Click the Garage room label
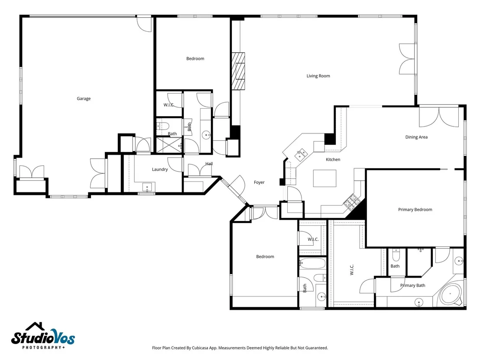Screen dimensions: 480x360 click(x=84, y=99)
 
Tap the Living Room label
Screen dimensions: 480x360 click(x=318, y=76)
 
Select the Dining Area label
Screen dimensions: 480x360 click(x=416, y=137)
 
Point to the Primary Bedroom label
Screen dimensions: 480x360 click(x=415, y=210)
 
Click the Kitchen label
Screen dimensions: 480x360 click(x=333, y=159)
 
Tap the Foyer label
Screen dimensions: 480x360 click(x=259, y=182)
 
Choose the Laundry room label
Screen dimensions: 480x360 click(x=160, y=169)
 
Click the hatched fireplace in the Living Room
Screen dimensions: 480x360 click(x=238, y=71)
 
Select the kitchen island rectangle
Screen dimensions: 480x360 click(x=324, y=178)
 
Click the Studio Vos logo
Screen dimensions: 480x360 click(x=43, y=336)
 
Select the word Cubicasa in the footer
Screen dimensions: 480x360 click(x=200, y=348)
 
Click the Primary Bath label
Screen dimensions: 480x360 click(x=413, y=285)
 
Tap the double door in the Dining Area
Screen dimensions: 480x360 click(x=439, y=117)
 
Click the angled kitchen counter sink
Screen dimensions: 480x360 click(x=301, y=154)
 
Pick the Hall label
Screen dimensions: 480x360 click(x=209, y=164)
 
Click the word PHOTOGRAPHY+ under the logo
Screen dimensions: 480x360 click(x=43, y=347)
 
